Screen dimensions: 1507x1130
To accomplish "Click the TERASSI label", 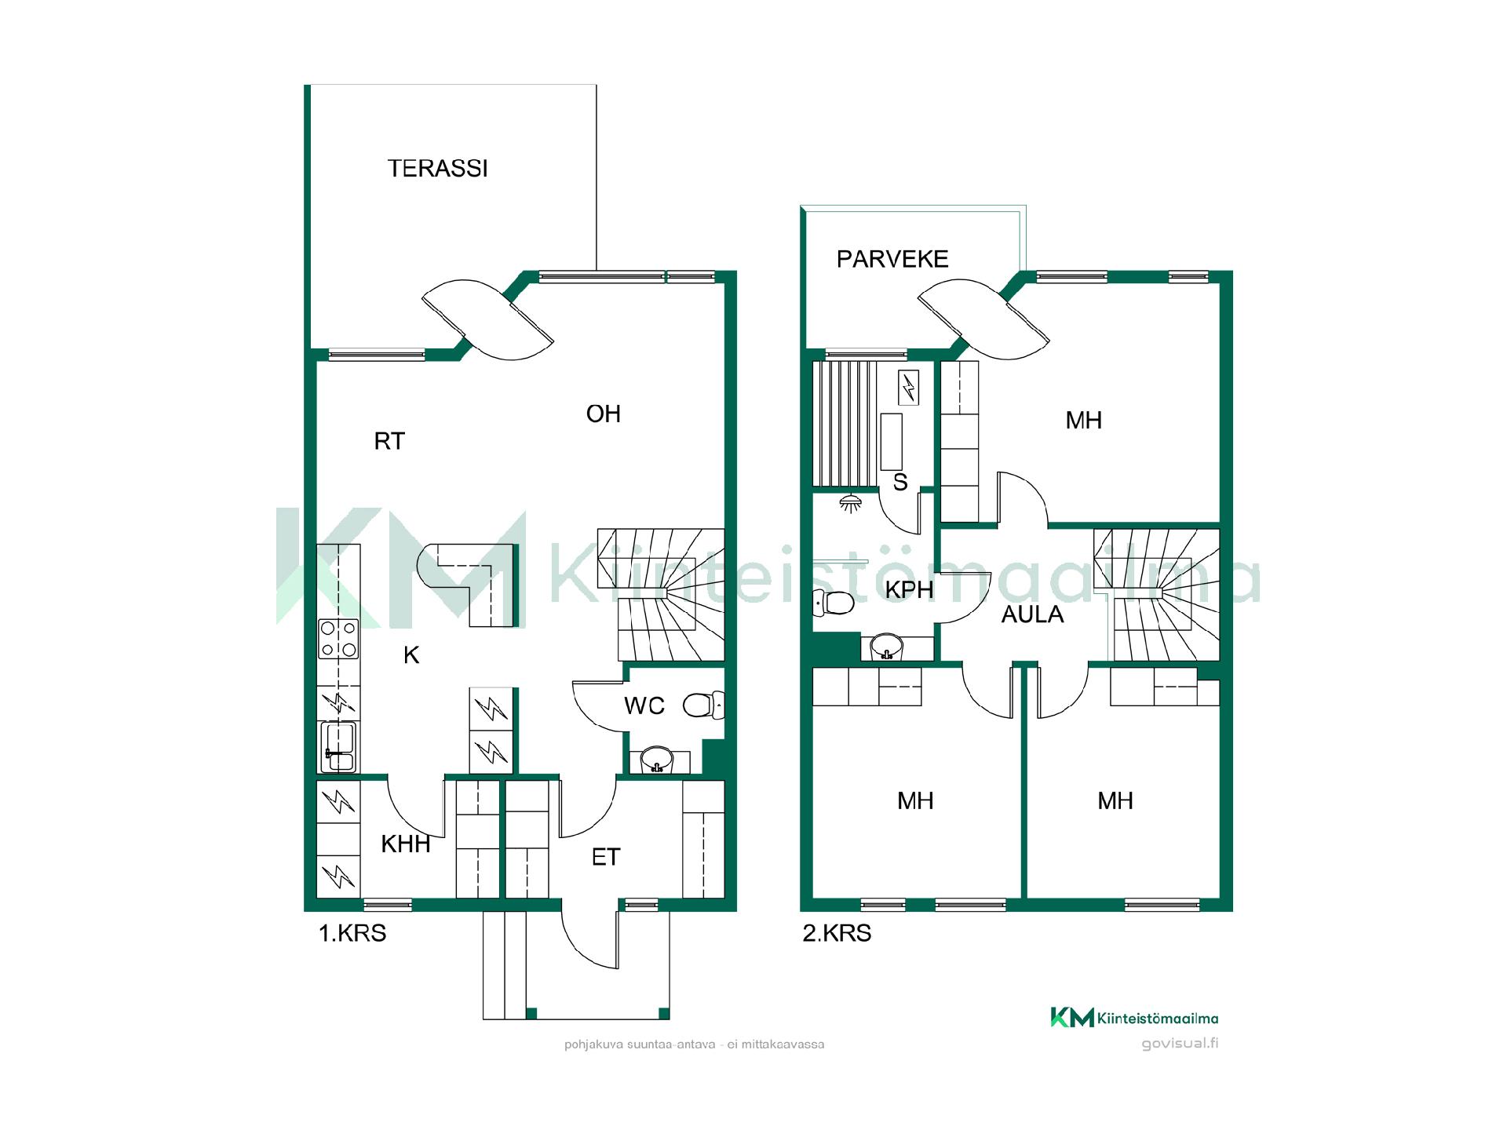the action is point(438,169).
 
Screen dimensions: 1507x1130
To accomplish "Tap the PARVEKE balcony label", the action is point(892,259).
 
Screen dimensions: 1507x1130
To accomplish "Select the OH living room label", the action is point(604,414).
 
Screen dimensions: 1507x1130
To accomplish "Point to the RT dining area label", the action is point(389,441).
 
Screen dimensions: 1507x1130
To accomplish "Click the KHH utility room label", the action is point(406,844).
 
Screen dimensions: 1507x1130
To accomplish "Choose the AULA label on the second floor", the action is point(1033,614).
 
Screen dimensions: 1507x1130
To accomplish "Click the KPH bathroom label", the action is point(910,589).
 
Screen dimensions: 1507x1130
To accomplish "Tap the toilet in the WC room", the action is point(703,705).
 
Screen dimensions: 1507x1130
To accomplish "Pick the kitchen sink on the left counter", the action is point(339,746).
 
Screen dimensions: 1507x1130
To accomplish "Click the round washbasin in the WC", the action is point(657,760).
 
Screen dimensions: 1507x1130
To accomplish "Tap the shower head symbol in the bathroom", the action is point(849,502).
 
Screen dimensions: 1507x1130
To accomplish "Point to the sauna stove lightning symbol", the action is point(908,388).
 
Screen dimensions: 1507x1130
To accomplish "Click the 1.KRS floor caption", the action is point(352,933).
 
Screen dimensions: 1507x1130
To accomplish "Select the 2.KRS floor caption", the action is point(837,933).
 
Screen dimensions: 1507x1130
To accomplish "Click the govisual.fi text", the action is point(1180,1044).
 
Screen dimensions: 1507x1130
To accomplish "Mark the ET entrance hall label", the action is point(606,858).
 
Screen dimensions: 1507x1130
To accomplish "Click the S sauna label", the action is point(900,483).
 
